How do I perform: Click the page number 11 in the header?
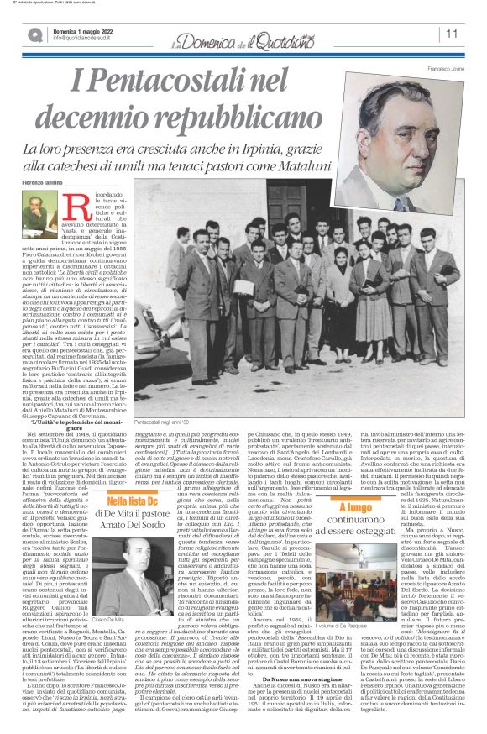coord(451,34)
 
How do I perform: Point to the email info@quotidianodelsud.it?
coord(86,38)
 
